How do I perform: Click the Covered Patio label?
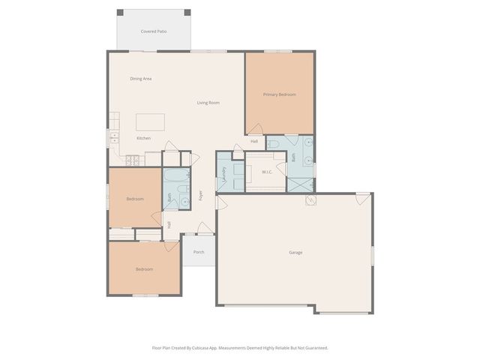click(154, 31)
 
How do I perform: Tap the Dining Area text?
click(141, 79)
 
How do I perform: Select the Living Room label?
click(208, 103)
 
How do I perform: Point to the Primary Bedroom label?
click(279, 94)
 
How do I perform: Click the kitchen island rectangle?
click(150, 122)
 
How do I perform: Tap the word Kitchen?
click(143, 138)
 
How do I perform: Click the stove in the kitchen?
click(133, 160)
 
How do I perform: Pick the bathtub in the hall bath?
click(176, 175)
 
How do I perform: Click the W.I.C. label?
click(267, 172)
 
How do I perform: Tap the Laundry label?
click(224, 177)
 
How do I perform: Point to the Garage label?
click(295, 252)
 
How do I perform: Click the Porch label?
click(199, 252)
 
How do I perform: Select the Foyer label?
click(200, 195)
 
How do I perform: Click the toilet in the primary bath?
click(274, 143)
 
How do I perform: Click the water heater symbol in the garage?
click(310, 200)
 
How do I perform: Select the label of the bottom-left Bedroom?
click(144, 269)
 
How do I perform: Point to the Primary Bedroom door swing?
click(256, 130)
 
